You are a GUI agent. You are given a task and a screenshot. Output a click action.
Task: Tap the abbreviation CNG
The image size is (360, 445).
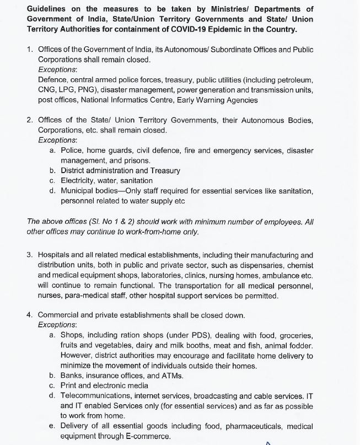coord(47,90)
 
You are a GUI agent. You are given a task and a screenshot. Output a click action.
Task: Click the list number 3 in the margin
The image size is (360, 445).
coord(29,255)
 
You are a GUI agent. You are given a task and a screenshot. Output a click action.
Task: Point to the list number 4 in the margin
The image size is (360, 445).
coord(29,315)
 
